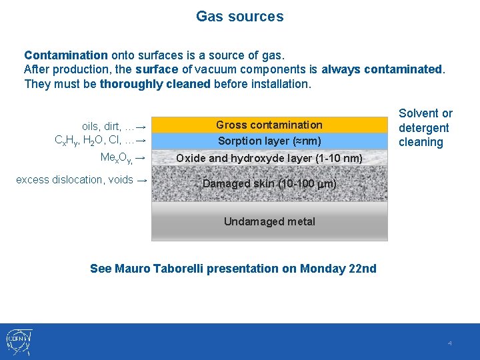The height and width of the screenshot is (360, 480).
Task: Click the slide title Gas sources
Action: (x=239, y=17)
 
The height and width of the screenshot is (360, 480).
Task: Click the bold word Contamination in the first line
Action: (x=65, y=55)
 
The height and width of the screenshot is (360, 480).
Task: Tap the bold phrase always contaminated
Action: (x=382, y=69)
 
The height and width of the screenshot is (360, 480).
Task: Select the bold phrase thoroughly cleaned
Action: (x=155, y=84)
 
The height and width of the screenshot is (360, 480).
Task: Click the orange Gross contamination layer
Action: (x=269, y=125)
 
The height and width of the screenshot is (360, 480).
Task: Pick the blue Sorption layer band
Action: (x=269, y=141)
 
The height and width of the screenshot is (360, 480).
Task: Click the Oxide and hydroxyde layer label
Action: (x=269, y=159)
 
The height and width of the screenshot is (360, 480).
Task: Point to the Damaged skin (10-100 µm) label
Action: (x=269, y=183)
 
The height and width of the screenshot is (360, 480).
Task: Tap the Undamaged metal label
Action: (x=269, y=221)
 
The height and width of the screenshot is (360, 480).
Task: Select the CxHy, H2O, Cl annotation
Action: (x=93, y=141)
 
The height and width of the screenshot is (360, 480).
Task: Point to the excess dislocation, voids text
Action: (x=74, y=179)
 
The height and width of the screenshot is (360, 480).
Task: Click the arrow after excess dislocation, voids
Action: (x=141, y=179)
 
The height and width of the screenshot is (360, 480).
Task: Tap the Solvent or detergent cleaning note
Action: (x=425, y=127)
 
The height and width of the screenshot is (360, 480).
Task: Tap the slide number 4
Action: (x=449, y=343)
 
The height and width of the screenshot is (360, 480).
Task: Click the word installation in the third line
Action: (x=278, y=84)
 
